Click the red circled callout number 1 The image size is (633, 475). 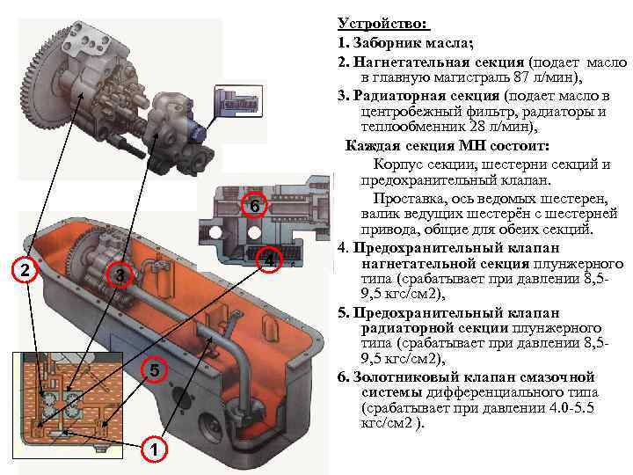154,449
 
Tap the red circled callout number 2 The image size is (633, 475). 25,269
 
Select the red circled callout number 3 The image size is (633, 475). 120,275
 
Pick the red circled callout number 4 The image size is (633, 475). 269,259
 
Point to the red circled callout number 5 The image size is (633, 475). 154,370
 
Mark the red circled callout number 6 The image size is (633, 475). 254,205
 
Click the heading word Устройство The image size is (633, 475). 382,23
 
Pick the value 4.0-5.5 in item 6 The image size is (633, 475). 571,407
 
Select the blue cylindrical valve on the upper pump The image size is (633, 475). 198,132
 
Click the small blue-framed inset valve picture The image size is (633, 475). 238,101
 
